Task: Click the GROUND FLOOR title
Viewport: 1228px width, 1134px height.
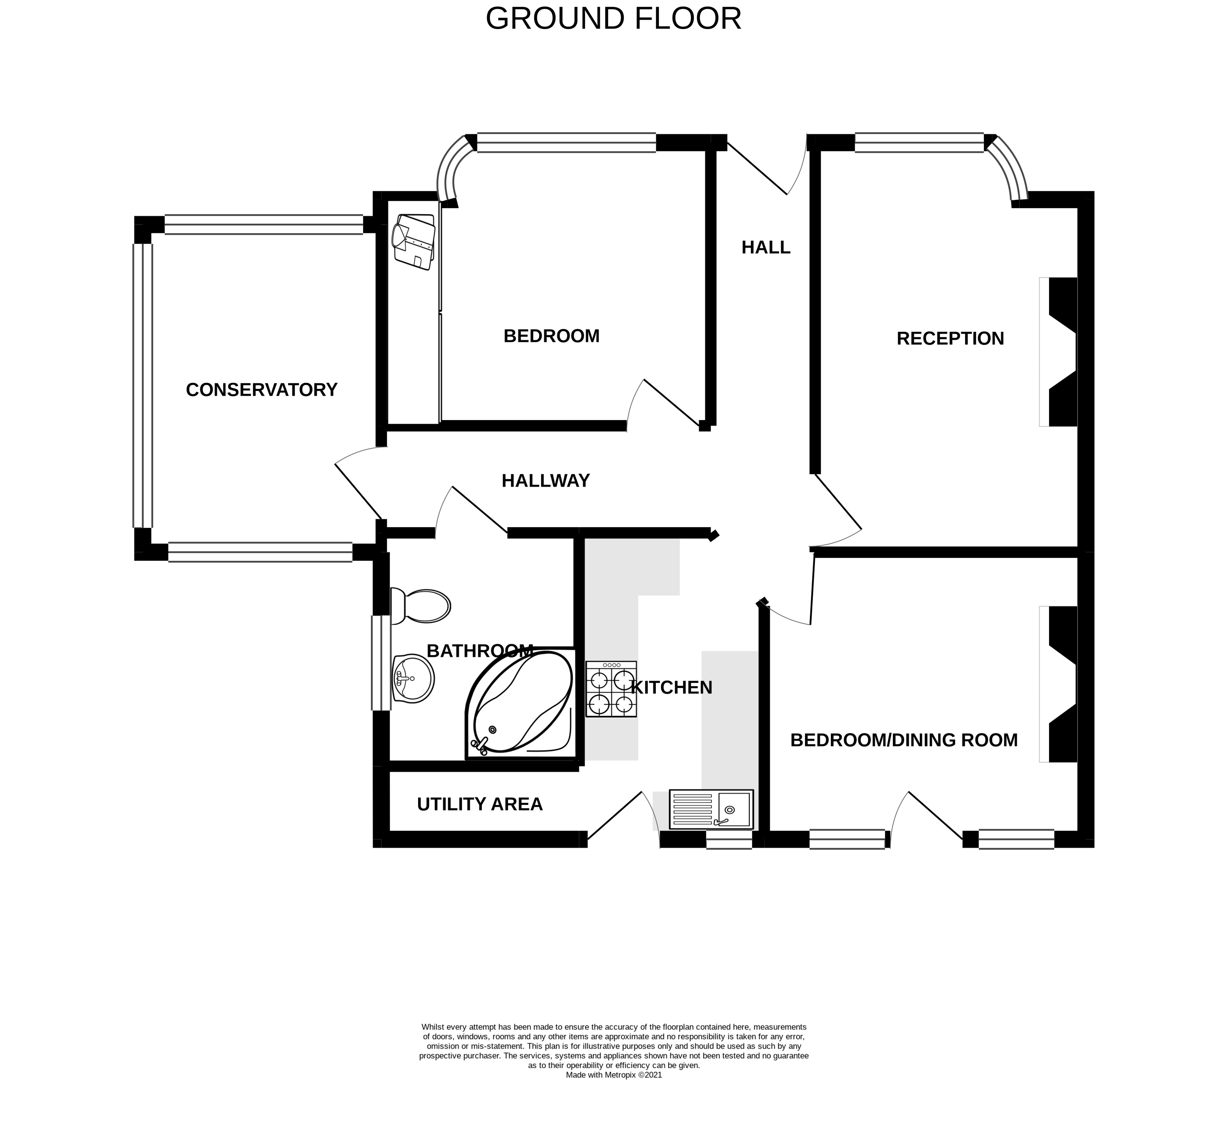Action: click(613, 19)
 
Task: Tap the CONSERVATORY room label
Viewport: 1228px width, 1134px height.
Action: click(262, 390)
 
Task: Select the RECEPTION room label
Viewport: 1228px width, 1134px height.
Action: click(950, 338)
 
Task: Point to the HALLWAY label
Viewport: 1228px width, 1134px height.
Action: click(545, 481)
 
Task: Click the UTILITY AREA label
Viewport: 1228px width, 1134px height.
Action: click(480, 804)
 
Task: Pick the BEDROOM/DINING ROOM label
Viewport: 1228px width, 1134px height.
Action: click(903, 740)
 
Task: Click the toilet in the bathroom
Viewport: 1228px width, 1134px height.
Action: click(420, 606)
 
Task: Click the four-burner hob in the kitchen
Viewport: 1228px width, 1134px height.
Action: click(611, 688)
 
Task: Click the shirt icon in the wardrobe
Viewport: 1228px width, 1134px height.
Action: click(414, 242)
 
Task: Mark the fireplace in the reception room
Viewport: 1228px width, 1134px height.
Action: click(1058, 352)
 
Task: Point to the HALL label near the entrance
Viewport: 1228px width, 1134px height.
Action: click(765, 247)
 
